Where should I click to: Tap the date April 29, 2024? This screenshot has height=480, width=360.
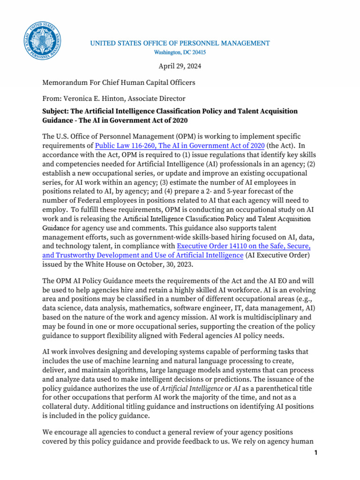click(x=180, y=66)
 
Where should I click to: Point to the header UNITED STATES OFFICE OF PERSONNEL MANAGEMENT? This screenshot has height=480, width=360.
click(x=180, y=43)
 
